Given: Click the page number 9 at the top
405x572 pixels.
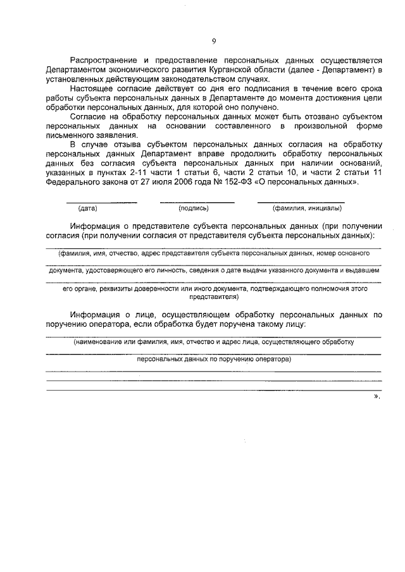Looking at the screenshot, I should tap(214, 42).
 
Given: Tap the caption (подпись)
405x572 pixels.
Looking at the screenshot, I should tap(194, 207).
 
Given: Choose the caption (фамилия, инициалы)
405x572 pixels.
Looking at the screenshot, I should tap(302, 207).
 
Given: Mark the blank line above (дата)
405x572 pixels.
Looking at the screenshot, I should tap(103, 202).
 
